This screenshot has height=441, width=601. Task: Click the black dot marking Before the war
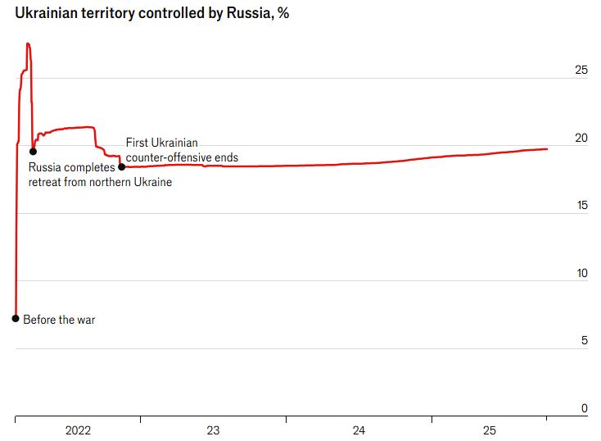coord(16,318)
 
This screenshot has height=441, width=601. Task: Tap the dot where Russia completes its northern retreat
coord(33,151)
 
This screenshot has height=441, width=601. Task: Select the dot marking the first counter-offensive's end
coord(121,166)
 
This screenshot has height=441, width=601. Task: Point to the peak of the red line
coord(28,44)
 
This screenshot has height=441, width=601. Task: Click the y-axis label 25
coord(581,70)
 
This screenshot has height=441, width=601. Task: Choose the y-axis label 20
coord(581,138)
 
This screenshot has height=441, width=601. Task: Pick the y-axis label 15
coord(581,206)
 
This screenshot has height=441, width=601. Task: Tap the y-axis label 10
coord(581,273)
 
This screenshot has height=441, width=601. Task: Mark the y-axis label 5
coord(584,340)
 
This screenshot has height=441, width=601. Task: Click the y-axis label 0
coord(584,408)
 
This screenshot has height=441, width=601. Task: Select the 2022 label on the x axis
coord(78,430)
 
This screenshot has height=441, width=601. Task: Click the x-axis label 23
coord(213,430)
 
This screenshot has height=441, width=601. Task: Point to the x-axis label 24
coord(359,430)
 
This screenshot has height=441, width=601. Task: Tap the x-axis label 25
coord(489,430)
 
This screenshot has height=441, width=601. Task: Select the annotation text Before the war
coord(59,319)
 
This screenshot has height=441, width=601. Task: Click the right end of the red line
coord(547,148)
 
